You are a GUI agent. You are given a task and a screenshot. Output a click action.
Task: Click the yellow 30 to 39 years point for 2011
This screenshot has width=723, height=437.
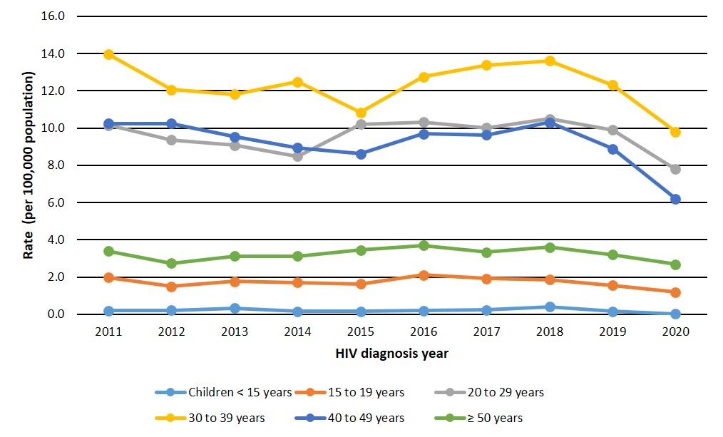click(x=108, y=54)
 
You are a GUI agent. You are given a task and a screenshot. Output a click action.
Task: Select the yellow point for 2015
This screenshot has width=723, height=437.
click(x=360, y=113)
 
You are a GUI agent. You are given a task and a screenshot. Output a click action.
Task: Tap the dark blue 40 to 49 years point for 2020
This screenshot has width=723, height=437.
click(x=675, y=199)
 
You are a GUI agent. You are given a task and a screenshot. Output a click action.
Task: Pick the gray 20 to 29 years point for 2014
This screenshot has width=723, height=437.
click(x=297, y=156)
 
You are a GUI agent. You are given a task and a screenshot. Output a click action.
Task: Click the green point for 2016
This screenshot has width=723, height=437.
click(x=424, y=245)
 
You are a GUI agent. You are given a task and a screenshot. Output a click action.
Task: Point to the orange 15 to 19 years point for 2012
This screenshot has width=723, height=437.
click(x=171, y=286)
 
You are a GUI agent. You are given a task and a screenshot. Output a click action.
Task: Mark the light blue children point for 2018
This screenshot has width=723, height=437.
click(x=549, y=307)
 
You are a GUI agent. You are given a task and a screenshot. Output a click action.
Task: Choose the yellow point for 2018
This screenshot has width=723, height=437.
click(x=549, y=61)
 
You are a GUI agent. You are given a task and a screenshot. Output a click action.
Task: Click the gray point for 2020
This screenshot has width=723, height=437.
click(x=675, y=169)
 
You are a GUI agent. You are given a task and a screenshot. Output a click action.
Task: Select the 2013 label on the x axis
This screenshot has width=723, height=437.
click(x=235, y=332)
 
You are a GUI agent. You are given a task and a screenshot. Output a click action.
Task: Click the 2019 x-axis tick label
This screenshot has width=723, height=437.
click(x=612, y=332)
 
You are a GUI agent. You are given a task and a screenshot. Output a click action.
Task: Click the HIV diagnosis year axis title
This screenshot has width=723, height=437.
click(x=391, y=353)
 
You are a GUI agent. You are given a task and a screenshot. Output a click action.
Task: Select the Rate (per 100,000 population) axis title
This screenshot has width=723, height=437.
click(x=30, y=165)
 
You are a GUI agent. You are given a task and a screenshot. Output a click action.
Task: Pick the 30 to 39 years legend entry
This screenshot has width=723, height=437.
click(x=224, y=418)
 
